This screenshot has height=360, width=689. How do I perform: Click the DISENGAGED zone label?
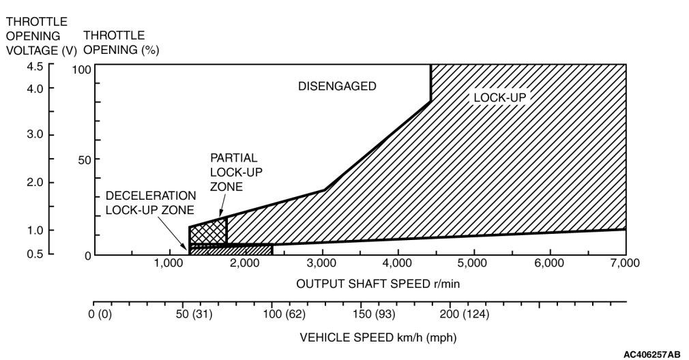(x=337, y=86)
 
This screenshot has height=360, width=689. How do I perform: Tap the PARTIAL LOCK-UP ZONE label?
(x=233, y=172)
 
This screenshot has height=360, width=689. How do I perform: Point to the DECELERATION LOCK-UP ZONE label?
(x=150, y=202)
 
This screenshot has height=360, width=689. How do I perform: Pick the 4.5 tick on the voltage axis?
(x=35, y=66)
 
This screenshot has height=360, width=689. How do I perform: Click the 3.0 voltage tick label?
(x=35, y=134)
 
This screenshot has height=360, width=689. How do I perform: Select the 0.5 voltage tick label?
(x=35, y=254)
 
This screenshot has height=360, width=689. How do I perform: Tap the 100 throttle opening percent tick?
(x=83, y=70)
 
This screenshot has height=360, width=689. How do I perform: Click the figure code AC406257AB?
(x=651, y=354)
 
